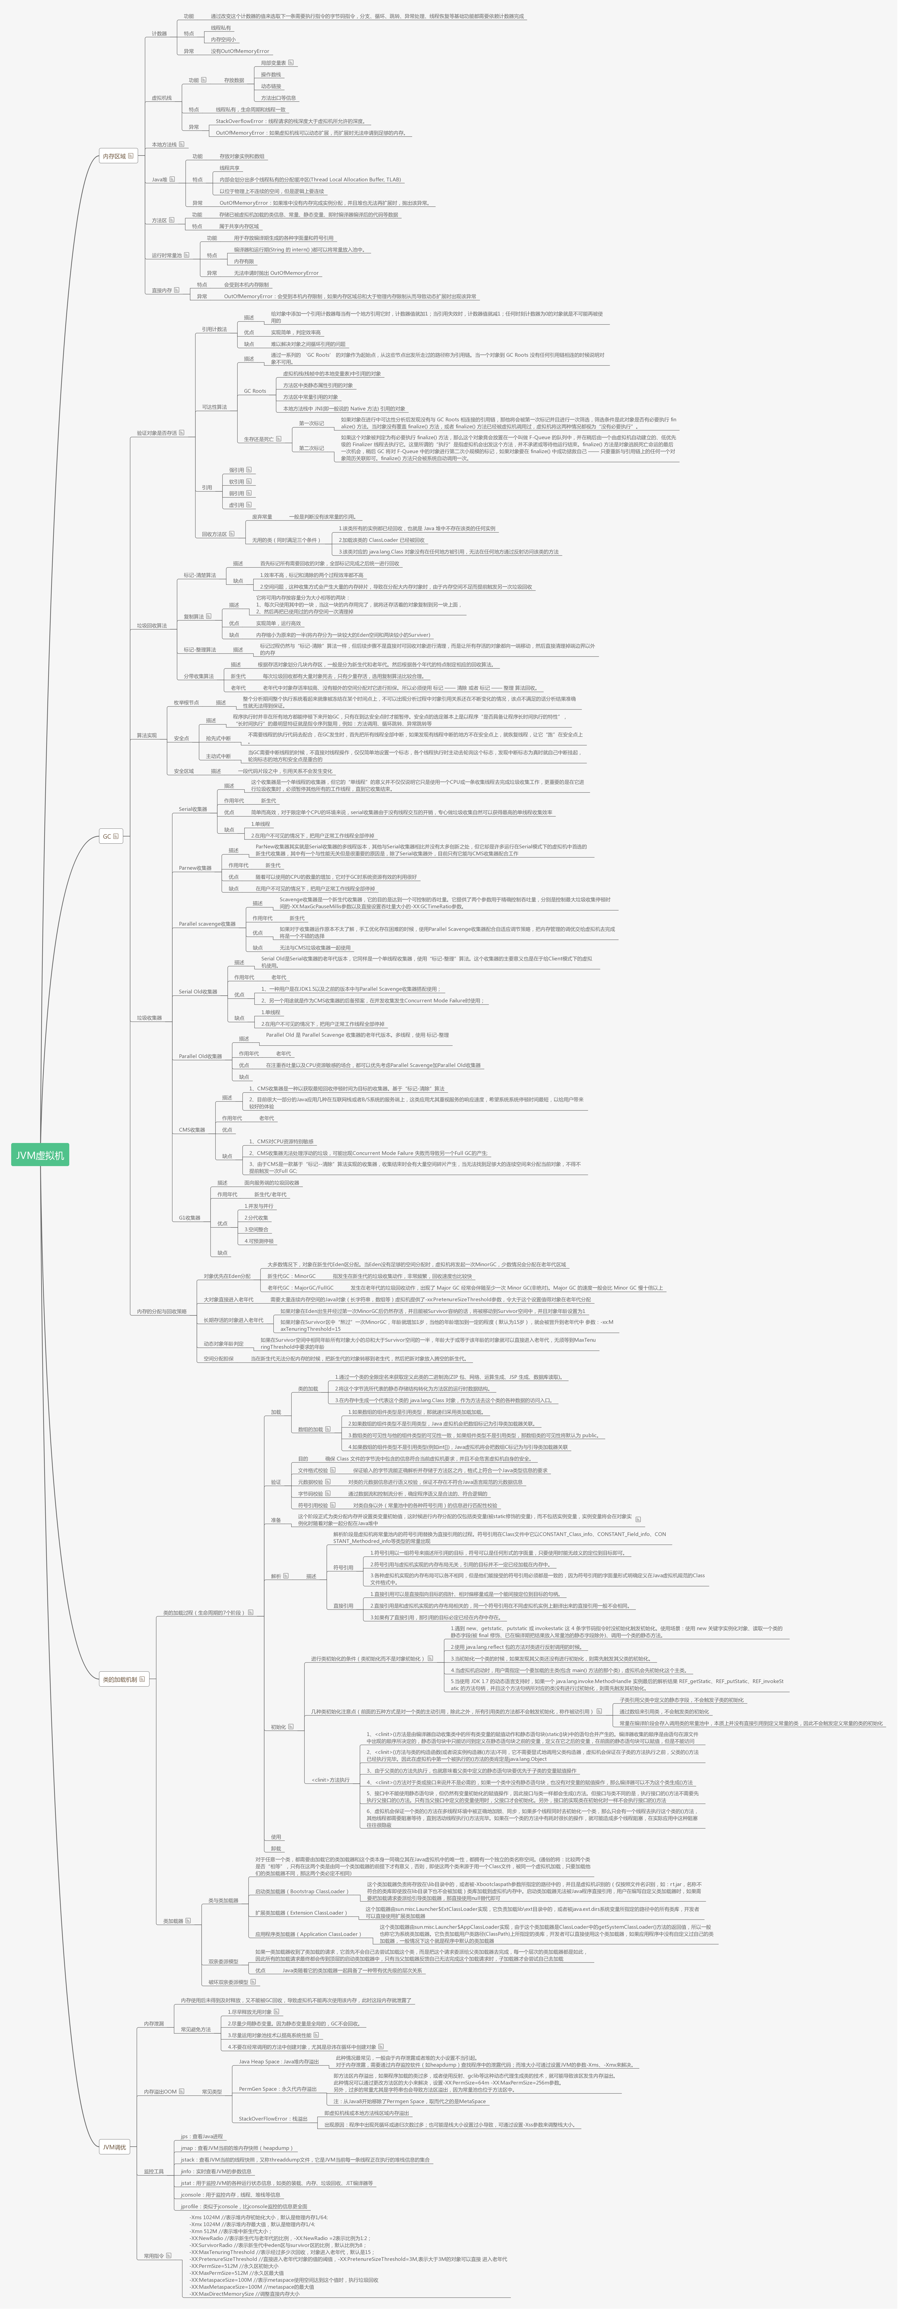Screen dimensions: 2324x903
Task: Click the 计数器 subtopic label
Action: pyautogui.click(x=159, y=33)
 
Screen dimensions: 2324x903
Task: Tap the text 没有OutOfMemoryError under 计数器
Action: pyautogui.click(x=240, y=51)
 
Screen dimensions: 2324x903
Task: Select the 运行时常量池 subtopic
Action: pyautogui.click(x=166, y=255)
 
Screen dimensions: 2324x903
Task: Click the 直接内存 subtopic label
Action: pyautogui.click(x=161, y=290)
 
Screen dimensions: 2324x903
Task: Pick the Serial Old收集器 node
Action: pyautogui.click(x=198, y=991)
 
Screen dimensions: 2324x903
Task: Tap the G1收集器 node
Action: pyautogui.click(x=189, y=1218)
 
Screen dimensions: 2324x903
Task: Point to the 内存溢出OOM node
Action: pyautogui.click(x=160, y=2091)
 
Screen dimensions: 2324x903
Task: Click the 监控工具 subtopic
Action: pyautogui.click(x=153, y=2171)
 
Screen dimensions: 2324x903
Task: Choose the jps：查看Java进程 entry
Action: pyautogui.click(x=201, y=2136)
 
